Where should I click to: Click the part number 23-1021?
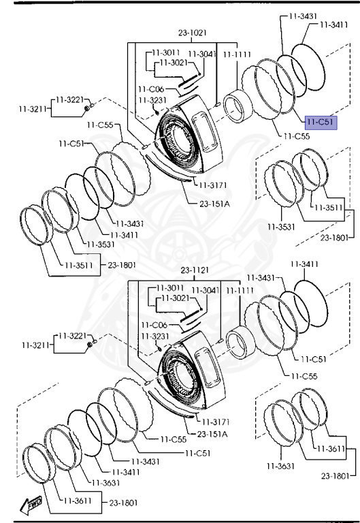coord(193,33)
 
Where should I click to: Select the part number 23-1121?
coord(195,270)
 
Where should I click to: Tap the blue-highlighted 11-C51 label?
coord(321,123)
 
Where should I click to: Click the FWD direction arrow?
coord(31,505)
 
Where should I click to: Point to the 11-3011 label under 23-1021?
coord(165,52)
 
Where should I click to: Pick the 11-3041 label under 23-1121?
coord(206,291)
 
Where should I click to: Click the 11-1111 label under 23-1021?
coord(237,54)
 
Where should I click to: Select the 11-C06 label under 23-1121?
coord(154,325)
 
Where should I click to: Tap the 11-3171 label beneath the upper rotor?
coord(213,185)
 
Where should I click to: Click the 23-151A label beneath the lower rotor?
coord(212,434)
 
